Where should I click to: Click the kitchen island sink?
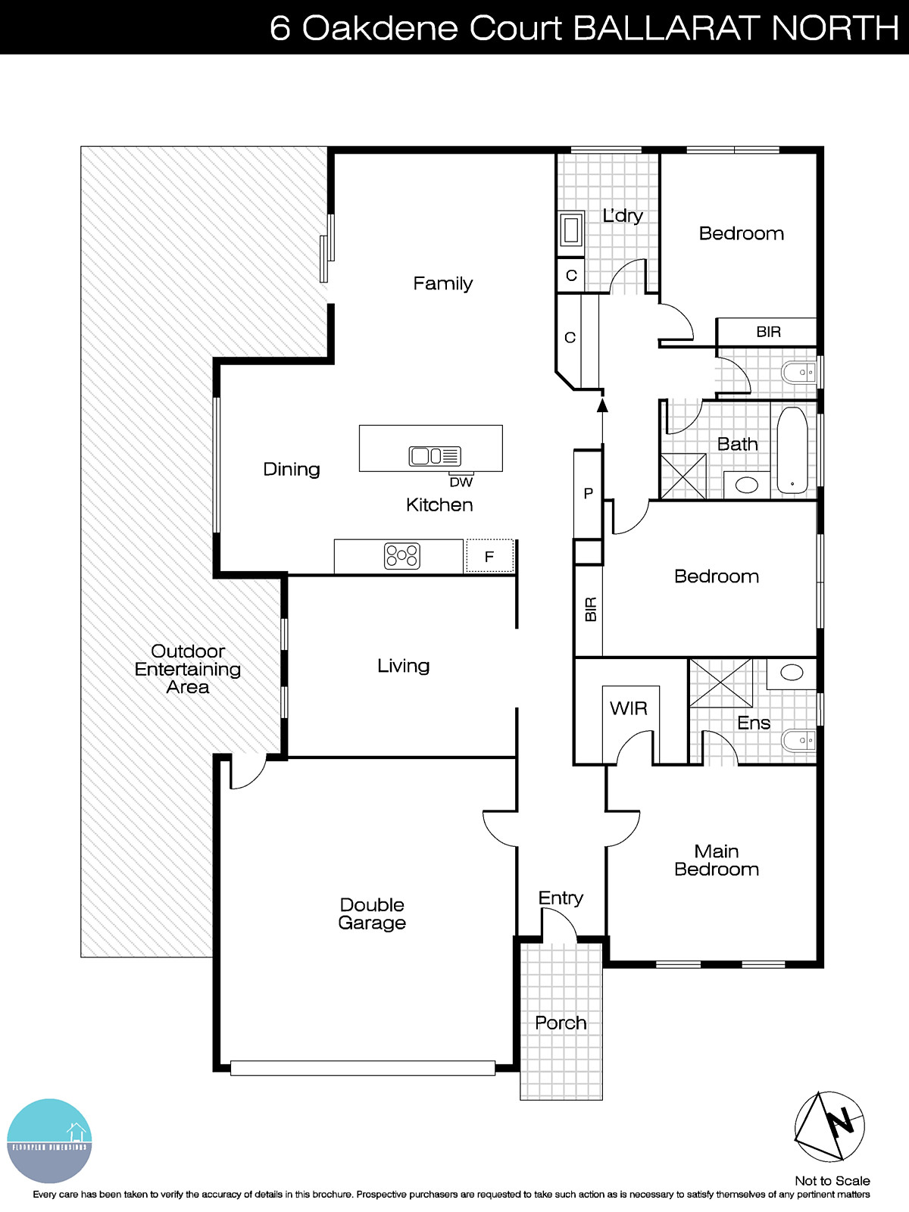click(434, 456)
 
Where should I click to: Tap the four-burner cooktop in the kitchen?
click(401, 556)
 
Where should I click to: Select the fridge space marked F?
click(489, 557)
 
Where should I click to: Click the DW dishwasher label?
click(461, 483)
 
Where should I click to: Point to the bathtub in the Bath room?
click(792, 451)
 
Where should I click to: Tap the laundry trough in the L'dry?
click(570, 230)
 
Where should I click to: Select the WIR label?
click(629, 708)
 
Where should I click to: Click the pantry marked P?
click(588, 493)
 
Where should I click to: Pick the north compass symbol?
click(829, 1126)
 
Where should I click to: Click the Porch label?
click(561, 1023)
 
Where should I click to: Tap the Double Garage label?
click(372, 914)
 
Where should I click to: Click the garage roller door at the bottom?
click(363, 1068)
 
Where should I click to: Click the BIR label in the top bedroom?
click(768, 332)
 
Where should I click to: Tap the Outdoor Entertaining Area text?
click(188, 669)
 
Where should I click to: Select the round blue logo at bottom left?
click(49, 1141)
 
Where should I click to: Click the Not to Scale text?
click(832, 1181)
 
